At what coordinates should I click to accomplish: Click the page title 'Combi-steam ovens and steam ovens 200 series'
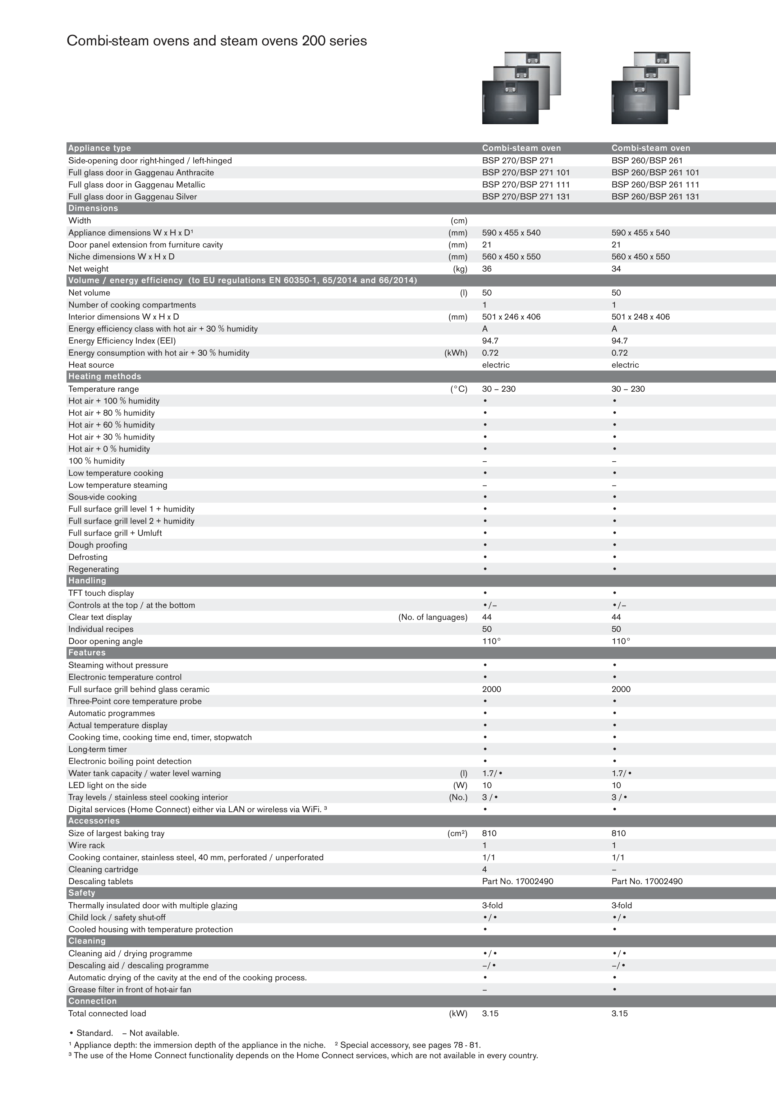pyautogui.click(x=217, y=41)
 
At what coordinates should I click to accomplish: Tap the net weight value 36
pyautogui.click(x=487, y=269)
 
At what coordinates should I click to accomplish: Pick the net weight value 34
pyautogui.click(x=616, y=269)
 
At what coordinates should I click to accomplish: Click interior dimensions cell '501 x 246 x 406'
pyautogui.click(x=511, y=316)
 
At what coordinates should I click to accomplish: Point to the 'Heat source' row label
pyautogui.click(x=91, y=365)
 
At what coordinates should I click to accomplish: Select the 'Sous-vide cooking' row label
pyautogui.click(x=102, y=497)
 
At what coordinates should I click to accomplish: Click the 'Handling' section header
pyautogui.click(x=87, y=581)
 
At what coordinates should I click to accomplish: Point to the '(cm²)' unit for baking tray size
pyautogui.click(x=457, y=833)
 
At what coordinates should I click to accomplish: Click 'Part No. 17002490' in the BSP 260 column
pyautogui.click(x=647, y=881)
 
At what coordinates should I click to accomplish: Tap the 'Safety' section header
pyautogui.click(x=82, y=893)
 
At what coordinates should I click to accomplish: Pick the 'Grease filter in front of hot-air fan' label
pyautogui.click(x=130, y=990)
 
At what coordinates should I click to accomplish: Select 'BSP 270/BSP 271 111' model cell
pyautogui.click(x=526, y=185)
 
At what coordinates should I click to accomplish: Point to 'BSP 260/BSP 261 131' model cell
pyautogui.click(x=655, y=196)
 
